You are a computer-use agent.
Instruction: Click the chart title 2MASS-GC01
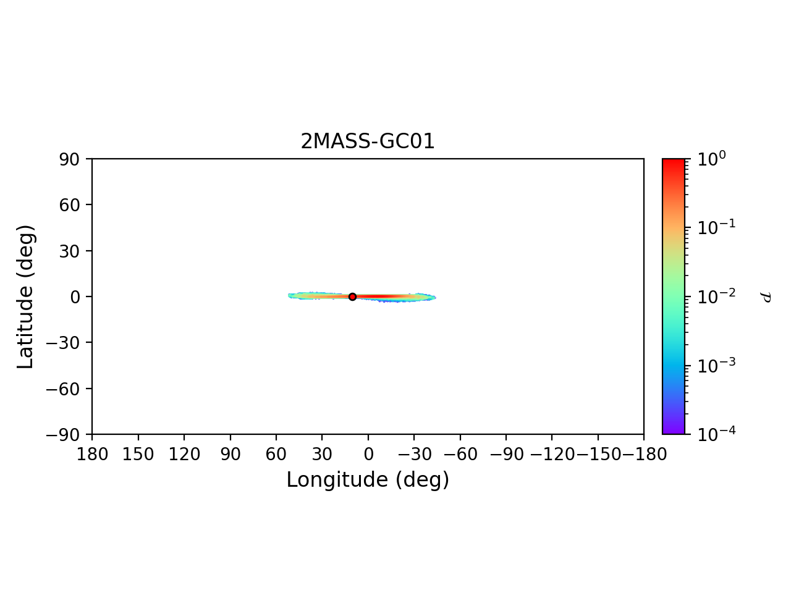tap(368, 141)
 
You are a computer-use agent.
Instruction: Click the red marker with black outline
tap(352, 296)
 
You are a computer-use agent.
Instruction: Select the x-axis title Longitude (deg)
tap(368, 480)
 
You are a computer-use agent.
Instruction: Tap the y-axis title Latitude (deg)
tap(25, 296)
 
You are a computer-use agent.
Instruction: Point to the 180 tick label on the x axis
tap(92, 455)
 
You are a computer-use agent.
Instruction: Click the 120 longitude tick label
tap(184, 455)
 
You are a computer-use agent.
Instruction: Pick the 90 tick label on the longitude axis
tap(230, 455)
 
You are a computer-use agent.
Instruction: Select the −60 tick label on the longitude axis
tap(460, 455)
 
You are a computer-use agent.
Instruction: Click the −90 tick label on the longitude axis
tap(505, 455)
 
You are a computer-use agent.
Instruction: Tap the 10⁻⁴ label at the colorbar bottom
tap(713, 434)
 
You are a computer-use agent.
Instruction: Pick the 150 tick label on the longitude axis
tap(138, 455)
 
